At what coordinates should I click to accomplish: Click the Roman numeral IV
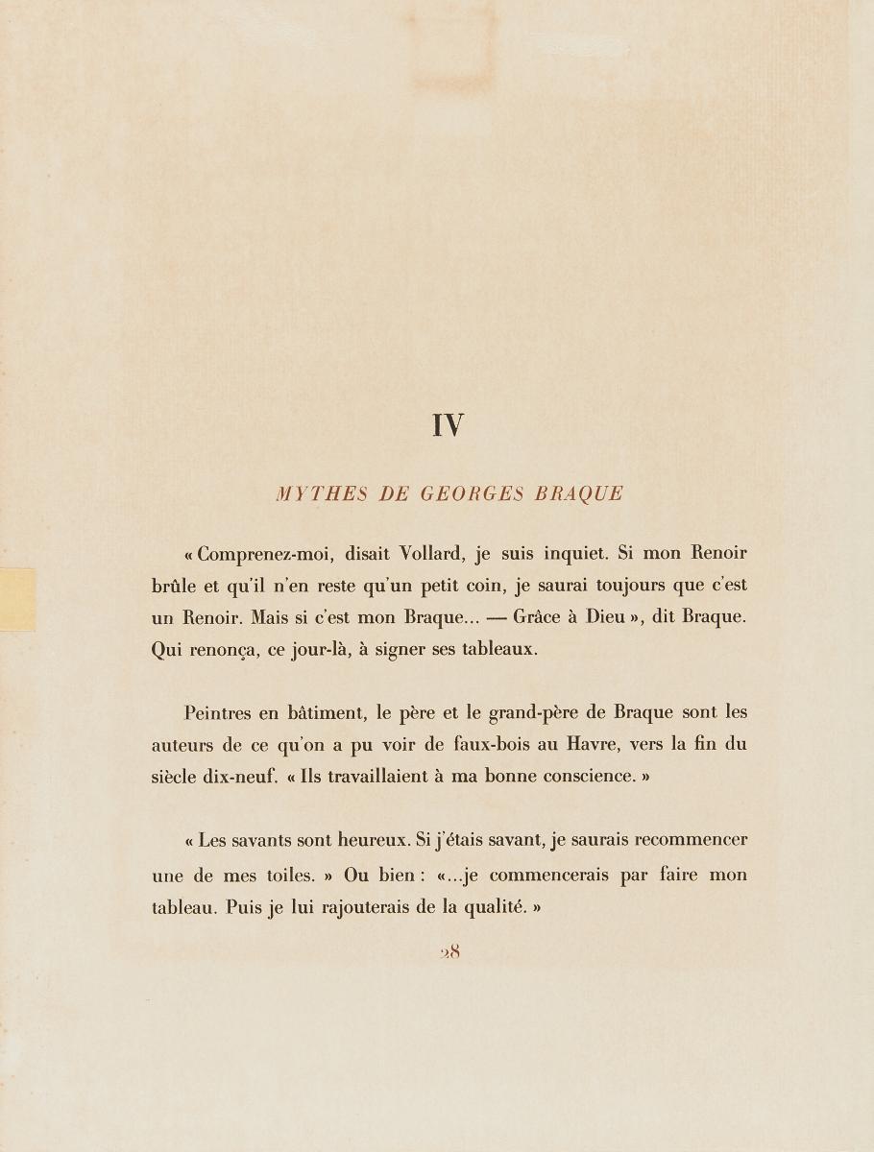[x=449, y=425]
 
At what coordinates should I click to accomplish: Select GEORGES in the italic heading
[x=472, y=494]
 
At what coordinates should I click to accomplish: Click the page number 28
[x=449, y=952]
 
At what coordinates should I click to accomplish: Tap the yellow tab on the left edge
[x=17, y=598]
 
